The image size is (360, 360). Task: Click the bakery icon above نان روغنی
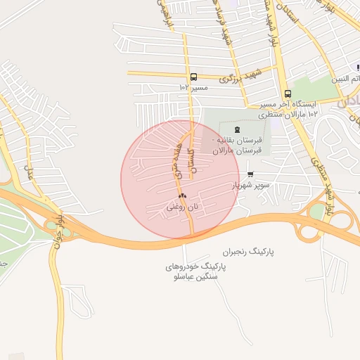[182, 195]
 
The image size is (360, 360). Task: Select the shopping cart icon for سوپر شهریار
[250, 174]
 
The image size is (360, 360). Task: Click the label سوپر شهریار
[252, 186]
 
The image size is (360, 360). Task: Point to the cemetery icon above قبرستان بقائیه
[236, 129]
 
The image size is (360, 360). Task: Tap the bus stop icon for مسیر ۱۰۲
[193, 77]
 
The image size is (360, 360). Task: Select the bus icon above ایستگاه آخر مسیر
[288, 94]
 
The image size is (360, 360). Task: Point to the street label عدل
[30, 171]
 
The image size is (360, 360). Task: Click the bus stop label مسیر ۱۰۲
[193, 88]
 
